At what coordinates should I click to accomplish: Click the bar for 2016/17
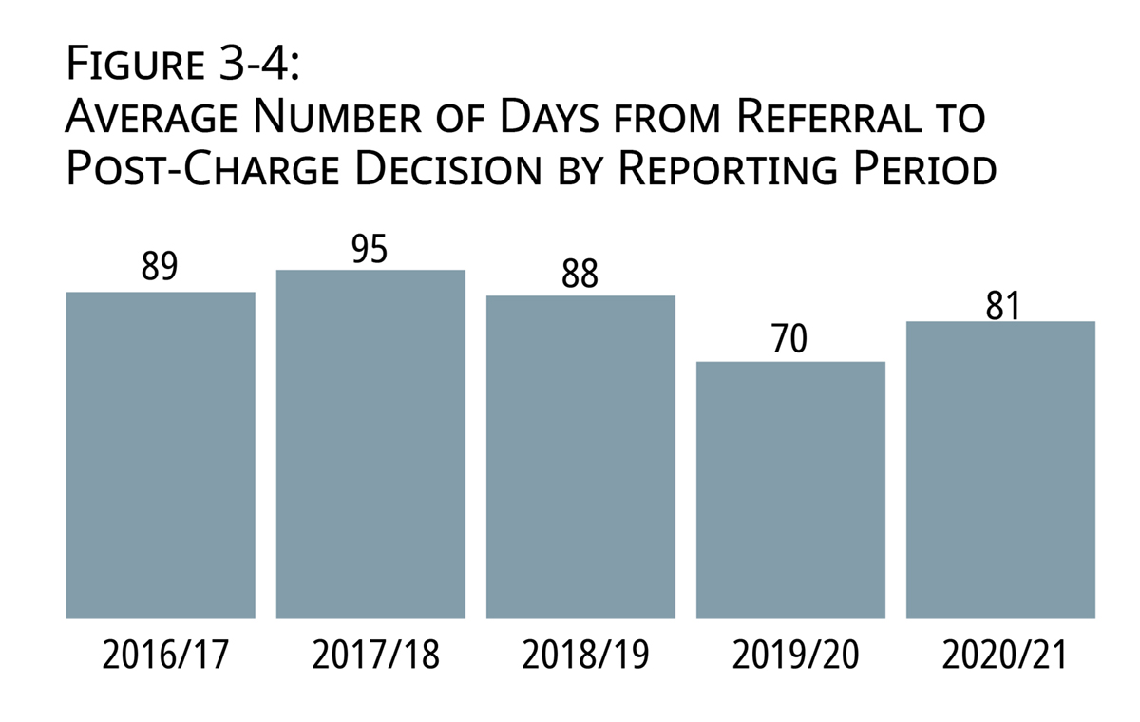(161, 456)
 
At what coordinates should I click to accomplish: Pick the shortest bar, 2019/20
(790, 490)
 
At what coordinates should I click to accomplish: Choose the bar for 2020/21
(1000, 470)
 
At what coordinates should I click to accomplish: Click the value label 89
(160, 268)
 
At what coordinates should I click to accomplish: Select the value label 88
(579, 273)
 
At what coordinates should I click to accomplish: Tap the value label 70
(789, 338)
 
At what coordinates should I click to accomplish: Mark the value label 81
(1000, 305)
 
